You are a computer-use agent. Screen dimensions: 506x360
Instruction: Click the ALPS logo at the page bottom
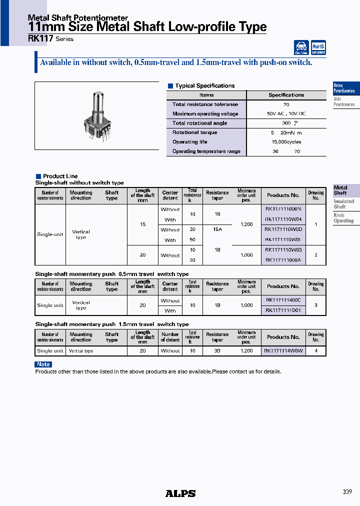point(180,493)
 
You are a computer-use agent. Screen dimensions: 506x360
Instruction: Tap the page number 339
point(347,492)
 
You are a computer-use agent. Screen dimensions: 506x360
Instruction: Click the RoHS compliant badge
point(318,48)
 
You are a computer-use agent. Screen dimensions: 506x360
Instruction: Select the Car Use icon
point(301,48)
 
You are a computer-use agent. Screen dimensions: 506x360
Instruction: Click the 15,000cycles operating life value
point(286,142)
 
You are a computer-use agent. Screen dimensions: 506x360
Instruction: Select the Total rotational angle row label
point(199,123)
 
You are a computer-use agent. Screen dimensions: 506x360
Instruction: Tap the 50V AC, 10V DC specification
point(286,114)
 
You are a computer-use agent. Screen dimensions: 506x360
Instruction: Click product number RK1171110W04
point(283,219)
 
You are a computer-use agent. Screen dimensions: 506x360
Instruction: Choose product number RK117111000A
point(283,260)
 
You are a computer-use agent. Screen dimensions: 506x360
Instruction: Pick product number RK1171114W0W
point(283,351)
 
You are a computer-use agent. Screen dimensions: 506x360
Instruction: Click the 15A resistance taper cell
point(217,230)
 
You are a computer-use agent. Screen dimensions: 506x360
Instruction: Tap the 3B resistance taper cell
point(217,351)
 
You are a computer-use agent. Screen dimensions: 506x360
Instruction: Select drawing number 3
point(316,305)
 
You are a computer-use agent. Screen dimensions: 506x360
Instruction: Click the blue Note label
point(43,364)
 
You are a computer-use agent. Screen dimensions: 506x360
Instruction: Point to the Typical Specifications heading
point(204,86)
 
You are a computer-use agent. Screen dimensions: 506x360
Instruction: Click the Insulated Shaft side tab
point(343,204)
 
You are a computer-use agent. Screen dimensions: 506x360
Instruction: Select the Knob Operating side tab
point(343,218)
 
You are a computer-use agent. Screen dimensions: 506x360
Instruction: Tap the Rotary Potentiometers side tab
point(344,88)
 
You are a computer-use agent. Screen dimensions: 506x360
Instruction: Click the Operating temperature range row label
point(206,151)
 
